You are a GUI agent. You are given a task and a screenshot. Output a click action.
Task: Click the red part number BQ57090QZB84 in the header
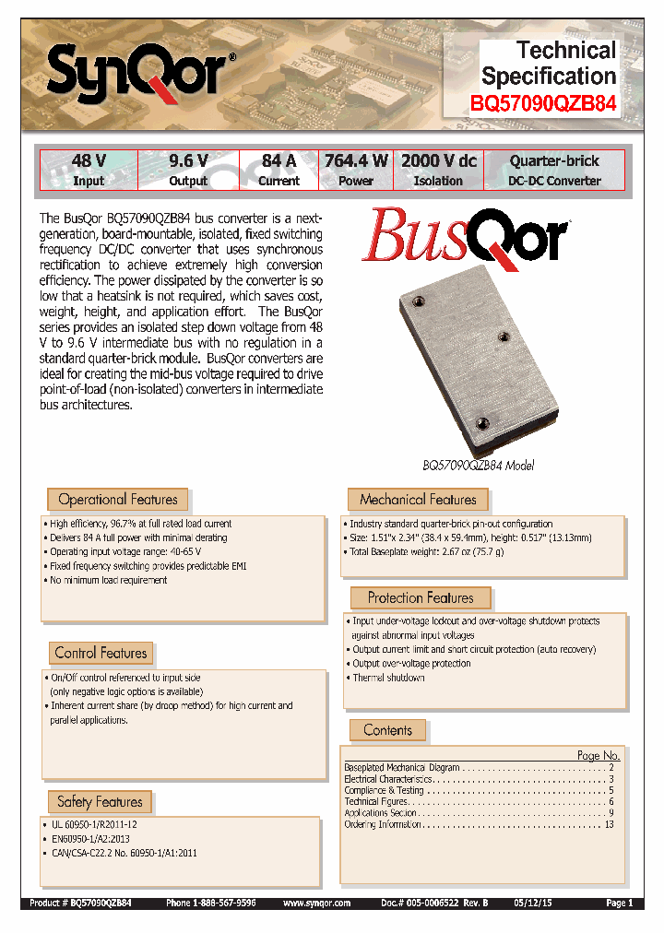[x=543, y=105]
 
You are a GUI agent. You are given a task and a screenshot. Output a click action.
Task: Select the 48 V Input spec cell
[x=89, y=171]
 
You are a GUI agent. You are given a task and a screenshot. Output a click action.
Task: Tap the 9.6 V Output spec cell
[x=188, y=171]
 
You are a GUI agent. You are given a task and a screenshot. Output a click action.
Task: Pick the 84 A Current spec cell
[x=279, y=171]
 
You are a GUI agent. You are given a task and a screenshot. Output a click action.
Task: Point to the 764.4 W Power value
[x=356, y=161]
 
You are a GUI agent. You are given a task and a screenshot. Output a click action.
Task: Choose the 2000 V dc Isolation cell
[x=438, y=171]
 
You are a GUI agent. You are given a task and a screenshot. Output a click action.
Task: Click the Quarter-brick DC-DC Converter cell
[x=554, y=171]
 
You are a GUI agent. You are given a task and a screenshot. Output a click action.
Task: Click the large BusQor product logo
[x=465, y=238]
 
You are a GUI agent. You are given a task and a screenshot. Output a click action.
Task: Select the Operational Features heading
[x=117, y=500]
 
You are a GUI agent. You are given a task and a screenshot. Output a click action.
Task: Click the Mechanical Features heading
[x=418, y=500]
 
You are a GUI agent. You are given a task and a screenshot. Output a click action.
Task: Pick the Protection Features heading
[x=420, y=598]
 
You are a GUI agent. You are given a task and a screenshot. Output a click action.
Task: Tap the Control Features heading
[x=101, y=653]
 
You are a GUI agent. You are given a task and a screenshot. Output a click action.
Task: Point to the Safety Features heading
[x=100, y=802]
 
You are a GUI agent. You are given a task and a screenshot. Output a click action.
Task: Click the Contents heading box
[x=387, y=730]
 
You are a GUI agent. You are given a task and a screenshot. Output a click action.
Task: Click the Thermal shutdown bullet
[x=388, y=678]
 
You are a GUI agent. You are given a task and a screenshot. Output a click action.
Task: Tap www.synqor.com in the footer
[x=316, y=903]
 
